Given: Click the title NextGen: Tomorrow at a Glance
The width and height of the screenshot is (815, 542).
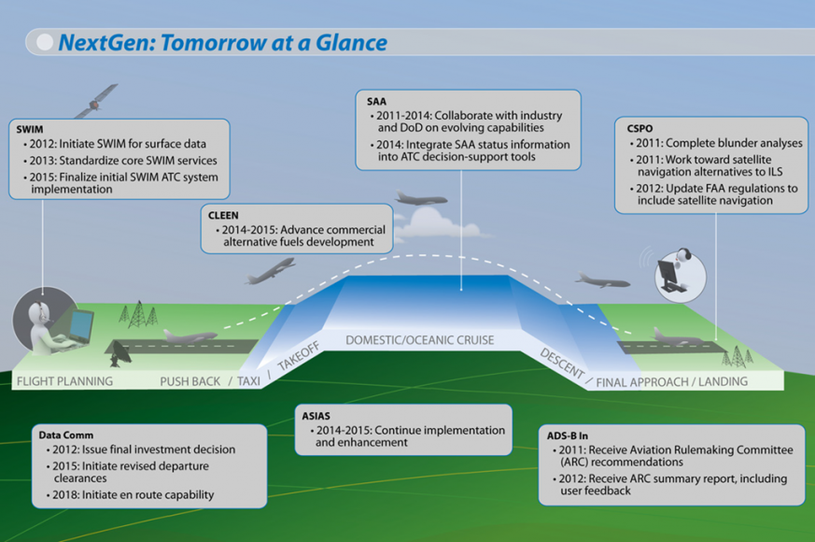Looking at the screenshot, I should click(222, 42).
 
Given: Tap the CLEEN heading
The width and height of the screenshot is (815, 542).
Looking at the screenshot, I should click(223, 215).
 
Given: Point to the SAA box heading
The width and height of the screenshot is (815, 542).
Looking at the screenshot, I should click(375, 102).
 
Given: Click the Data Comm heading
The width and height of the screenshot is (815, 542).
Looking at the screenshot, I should click(66, 435).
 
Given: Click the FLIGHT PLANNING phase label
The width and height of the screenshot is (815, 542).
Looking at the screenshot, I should click(64, 381).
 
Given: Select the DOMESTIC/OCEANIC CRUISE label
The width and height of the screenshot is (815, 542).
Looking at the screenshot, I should click(419, 340).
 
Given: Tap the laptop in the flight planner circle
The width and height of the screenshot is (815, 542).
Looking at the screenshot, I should click(78, 324).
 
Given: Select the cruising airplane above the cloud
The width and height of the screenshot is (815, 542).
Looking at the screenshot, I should click(421, 198).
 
